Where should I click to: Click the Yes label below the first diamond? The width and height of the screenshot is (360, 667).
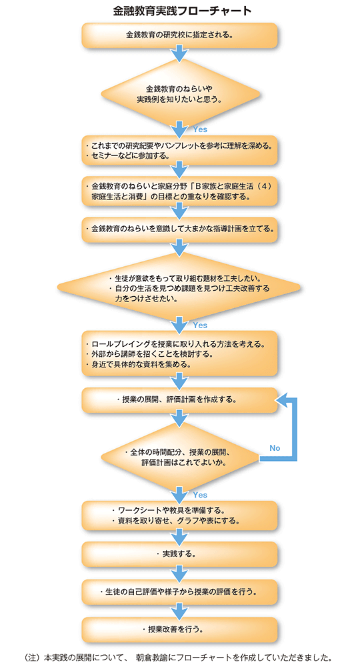(x=200, y=129)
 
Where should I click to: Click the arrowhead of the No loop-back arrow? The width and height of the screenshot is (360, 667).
(x=282, y=400)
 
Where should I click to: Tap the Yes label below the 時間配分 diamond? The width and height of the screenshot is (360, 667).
(x=200, y=495)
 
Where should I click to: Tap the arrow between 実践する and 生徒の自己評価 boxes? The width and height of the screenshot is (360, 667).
(x=179, y=573)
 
